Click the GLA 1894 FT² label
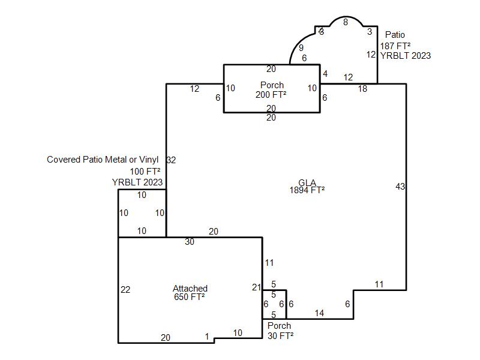point(307,187)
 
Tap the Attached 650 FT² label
point(190,293)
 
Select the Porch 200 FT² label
point(271,89)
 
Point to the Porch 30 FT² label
point(280,331)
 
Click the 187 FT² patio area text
point(395,46)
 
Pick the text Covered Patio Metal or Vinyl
point(103,160)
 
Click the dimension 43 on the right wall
point(400,187)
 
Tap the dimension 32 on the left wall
point(171,160)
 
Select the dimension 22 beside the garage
point(125,290)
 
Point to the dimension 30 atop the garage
point(190,242)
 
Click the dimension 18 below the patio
point(362,89)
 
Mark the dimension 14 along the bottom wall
point(319,313)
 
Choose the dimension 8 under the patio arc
point(346,22)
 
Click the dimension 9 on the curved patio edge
point(301,48)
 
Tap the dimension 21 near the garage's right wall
point(257,287)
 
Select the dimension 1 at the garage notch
point(207,337)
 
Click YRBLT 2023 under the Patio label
point(406,56)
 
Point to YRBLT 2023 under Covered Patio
point(137,182)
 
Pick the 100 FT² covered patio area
point(145,171)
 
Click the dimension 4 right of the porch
point(325,73)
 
